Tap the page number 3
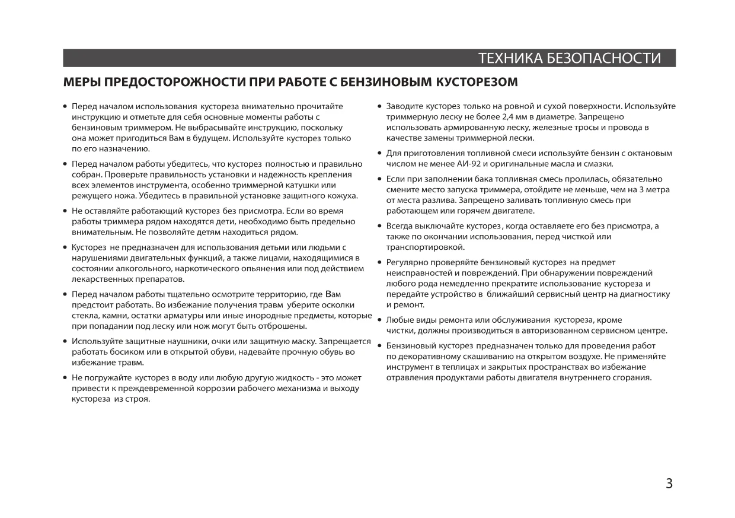(x=669, y=484)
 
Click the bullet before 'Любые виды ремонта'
(x=379, y=320)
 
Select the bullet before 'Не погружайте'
(x=65, y=378)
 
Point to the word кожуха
(x=340, y=196)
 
